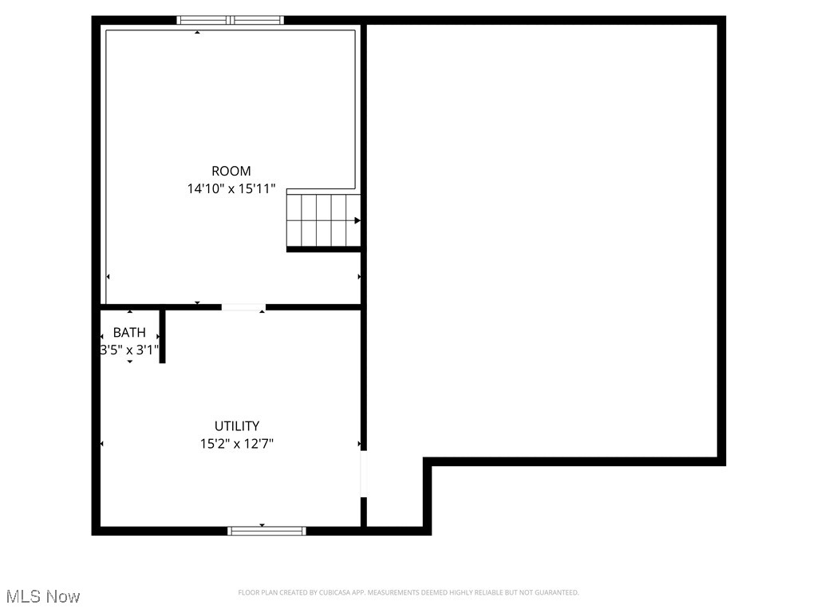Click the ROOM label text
tap(231, 171)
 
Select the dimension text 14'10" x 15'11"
tap(231, 189)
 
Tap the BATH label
tap(129, 333)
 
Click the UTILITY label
tap(237, 426)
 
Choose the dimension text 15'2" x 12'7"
tap(237, 444)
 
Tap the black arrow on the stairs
tap(357, 220)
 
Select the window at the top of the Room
tap(231, 20)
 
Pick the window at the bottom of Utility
tap(266, 531)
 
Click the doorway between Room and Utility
tap(243, 306)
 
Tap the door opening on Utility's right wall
tap(364, 473)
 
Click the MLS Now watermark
tap(43, 596)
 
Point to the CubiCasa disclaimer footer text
tap(408, 592)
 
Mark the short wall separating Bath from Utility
tap(162, 336)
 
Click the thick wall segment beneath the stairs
tap(323, 249)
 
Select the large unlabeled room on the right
tap(543, 239)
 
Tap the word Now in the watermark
tap(64, 596)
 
